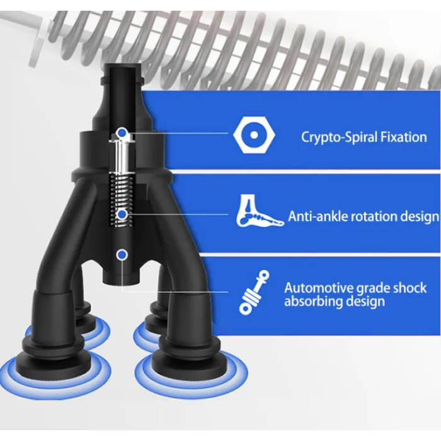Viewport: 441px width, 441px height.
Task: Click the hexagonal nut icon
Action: pyautogui.click(x=254, y=135)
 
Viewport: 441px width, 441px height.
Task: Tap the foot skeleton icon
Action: pyautogui.click(x=260, y=211)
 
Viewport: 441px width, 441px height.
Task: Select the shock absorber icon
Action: pyautogui.click(x=254, y=292)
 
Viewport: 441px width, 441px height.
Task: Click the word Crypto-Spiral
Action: pyautogui.click(x=339, y=137)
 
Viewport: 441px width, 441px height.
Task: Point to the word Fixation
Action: pyautogui.click(x=404, y=137)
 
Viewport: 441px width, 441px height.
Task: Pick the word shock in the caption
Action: pyautogui.click(x=409, y=288)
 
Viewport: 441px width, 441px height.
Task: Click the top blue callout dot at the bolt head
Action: pyautogui.click(x=122, y=132)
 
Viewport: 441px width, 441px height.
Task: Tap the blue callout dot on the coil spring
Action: pyautogui.click(x=122, y=215)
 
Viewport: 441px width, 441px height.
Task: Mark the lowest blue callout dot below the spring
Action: pyautogui.click(x=122, y=255)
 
